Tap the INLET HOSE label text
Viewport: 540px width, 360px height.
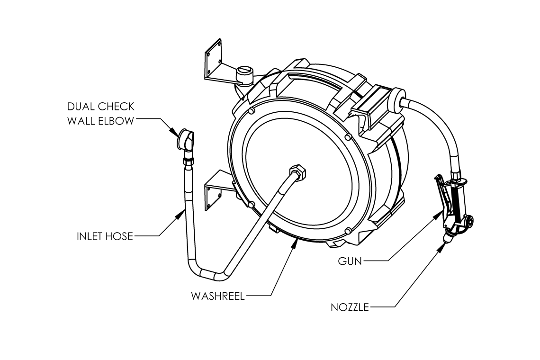point(105,236)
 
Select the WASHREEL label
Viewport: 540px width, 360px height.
point(218,296)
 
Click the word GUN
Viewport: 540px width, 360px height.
point(350,261)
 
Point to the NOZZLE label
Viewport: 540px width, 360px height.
point(350,307)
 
